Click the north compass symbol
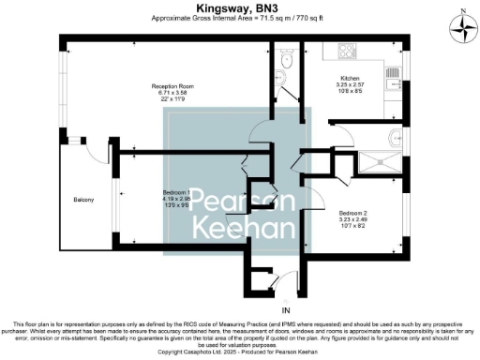(x=462, y=28)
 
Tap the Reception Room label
(x=172, y=86)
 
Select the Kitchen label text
(x=350, y=78)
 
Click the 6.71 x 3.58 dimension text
(x=172, y=93)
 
